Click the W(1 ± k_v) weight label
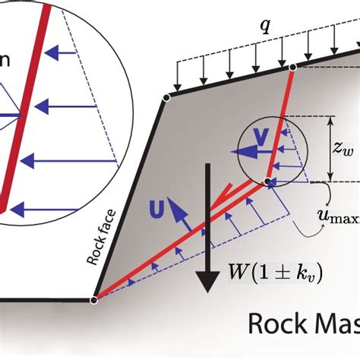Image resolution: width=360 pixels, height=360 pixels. tap(276, 272)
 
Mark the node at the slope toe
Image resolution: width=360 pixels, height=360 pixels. tap(93, 300)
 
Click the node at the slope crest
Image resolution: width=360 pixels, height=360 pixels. tap(166, 96)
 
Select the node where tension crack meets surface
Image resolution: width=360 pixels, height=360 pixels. tap(292, 68)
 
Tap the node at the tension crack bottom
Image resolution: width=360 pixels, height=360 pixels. tap(267, 181)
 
